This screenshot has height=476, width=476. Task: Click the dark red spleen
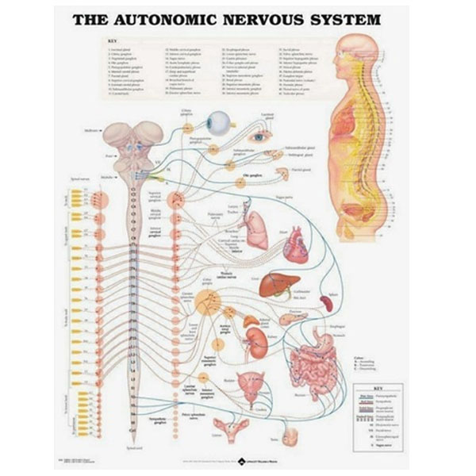326,303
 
